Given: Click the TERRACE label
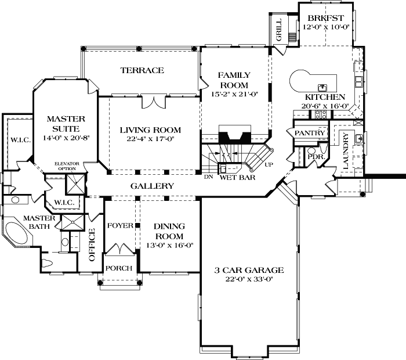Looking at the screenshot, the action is point(142,70).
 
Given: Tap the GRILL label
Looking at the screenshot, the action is point(278,30).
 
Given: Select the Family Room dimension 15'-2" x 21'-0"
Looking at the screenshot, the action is point(235,94).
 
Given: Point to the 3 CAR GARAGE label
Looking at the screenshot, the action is point(249,271).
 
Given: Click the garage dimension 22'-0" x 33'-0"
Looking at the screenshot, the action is point(249,279).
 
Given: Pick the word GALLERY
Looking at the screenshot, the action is point(152,186).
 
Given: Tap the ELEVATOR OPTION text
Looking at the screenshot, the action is point(67,166).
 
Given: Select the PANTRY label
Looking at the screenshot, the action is point(310,133).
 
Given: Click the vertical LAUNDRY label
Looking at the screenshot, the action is point(346,151).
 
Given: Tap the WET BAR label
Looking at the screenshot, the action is point(237,177).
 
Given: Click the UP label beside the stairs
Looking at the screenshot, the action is point(269,164).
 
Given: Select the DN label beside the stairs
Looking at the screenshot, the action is point(208,177).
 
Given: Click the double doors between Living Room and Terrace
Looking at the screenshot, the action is point(154,102).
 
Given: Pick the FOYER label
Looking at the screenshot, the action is point(120,226).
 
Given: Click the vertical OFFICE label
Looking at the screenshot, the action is point(92,244).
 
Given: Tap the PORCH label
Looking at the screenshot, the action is point(119,268).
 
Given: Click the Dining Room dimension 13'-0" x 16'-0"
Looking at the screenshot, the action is point(170,245).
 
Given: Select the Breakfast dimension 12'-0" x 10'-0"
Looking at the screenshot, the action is point(326,27).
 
